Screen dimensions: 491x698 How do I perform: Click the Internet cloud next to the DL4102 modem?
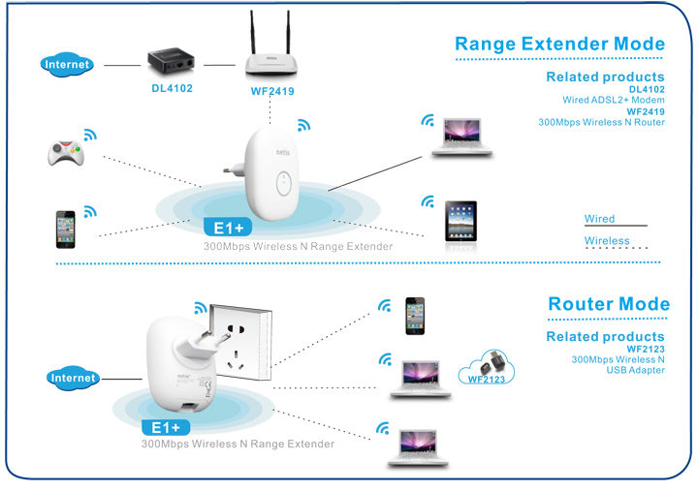68,65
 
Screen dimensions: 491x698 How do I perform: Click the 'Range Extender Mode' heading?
559,44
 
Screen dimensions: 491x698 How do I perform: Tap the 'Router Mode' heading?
608,304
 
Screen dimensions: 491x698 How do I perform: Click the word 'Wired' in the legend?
599,219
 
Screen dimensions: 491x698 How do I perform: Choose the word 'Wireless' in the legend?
606,241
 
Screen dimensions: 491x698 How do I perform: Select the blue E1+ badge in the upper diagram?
228,229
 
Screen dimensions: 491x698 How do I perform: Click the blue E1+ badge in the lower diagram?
167,427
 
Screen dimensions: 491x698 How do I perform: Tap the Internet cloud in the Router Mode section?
74,378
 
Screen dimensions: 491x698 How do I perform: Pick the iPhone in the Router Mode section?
415,315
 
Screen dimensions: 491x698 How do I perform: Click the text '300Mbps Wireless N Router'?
601,122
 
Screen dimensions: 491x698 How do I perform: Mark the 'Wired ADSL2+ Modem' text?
613,100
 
